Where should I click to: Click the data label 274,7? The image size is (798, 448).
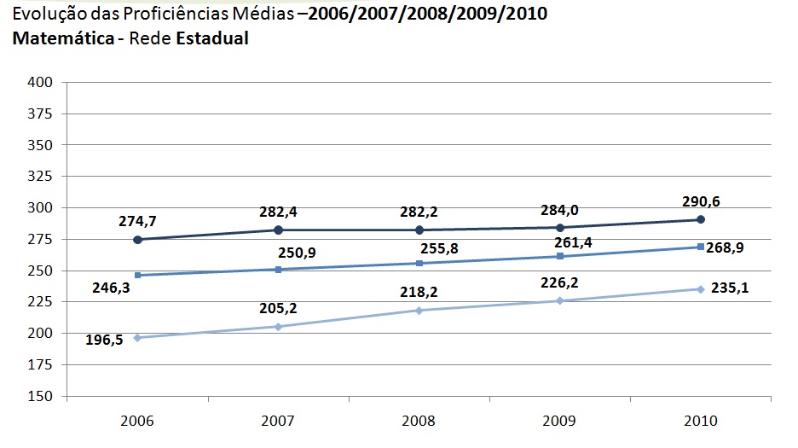click(x=137, y=222)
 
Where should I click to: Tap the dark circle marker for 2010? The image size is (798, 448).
click(x=701, y=219)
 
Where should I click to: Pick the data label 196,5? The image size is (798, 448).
click(x=105, y=340)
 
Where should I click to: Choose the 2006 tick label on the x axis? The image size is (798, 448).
click(x=137, y=422)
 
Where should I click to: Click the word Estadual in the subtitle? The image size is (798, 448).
click(x=212, y=39)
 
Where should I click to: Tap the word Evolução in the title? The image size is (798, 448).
click(x=39, y=15)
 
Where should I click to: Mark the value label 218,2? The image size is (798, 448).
click(x=419, y=292)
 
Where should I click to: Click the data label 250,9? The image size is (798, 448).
click(x=296, y=253)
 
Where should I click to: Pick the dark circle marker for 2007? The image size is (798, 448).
click(x=278, y=230)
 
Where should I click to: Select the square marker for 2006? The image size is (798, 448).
click(x=137, y=275)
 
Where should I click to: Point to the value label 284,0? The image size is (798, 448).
click(x=560, y=210)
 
